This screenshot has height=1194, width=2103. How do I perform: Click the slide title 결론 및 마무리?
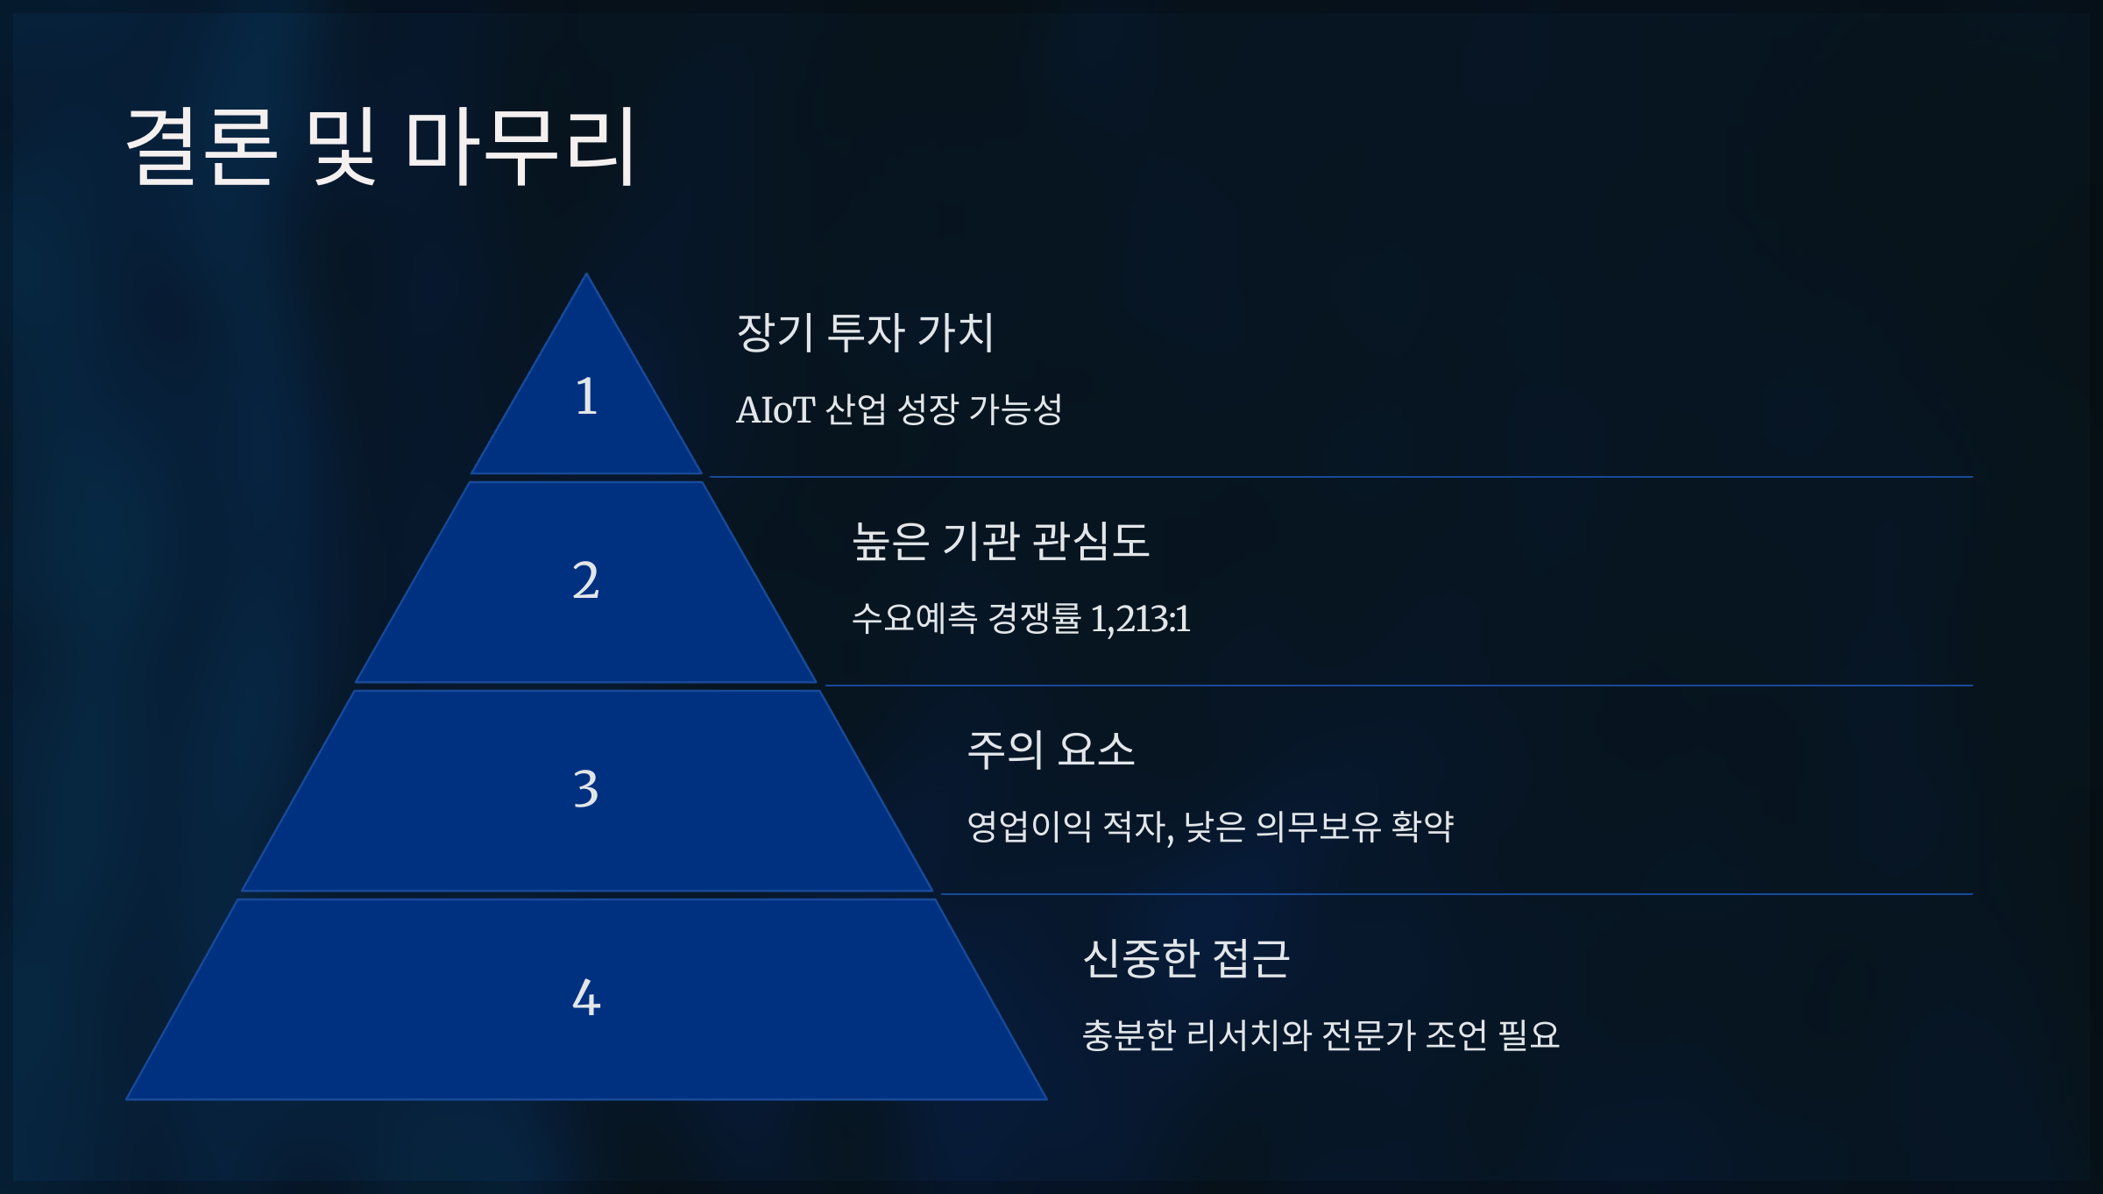point(380,146)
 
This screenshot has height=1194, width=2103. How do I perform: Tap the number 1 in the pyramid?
point(586,396)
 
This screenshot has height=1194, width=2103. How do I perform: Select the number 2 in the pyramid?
point(586,580)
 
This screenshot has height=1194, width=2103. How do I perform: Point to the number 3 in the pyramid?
point(586,788)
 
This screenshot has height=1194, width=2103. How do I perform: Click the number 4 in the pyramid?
point(586,998)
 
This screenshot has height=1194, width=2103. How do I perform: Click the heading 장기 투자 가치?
point(865,332)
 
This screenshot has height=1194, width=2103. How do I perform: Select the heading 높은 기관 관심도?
point(1000,541)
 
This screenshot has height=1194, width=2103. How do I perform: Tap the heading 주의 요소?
point(1051,750)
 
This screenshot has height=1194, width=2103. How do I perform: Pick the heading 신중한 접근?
point(1186,958)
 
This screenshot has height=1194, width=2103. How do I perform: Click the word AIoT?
point(775,410)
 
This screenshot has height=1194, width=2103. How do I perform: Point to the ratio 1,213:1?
point(1140,619)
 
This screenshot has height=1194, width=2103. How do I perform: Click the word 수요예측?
point(914,618)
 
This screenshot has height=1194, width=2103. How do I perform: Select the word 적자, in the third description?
point(1137,827)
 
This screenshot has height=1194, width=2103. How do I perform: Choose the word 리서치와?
point(1249,1035)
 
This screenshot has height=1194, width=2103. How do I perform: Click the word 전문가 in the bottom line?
point(1368,1035)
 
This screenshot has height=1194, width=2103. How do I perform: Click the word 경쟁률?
point(1034,618)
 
